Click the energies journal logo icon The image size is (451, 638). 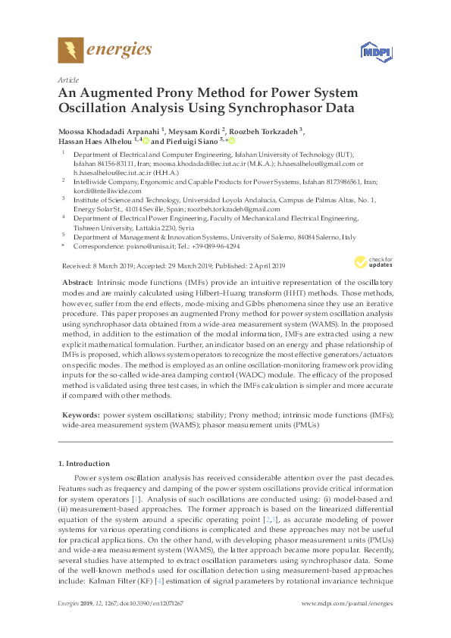[x=71, y=50]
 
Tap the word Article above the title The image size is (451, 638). [x=68, y=79]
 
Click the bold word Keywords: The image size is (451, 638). [x=80, y=415]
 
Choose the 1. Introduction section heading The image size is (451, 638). [x=83, y=463]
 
